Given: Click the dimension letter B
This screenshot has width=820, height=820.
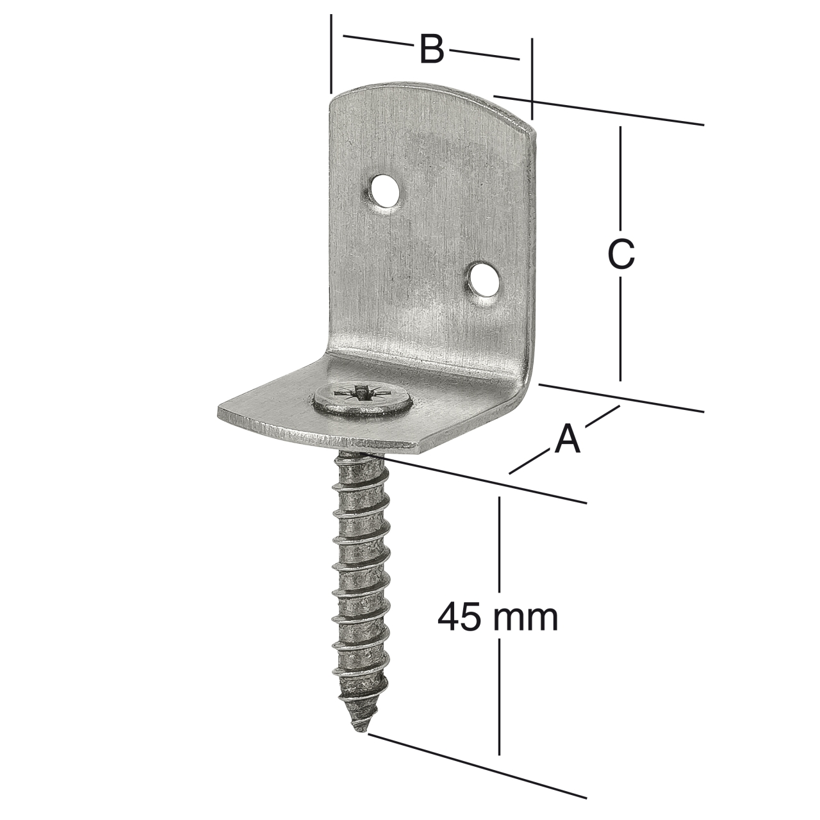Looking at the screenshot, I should (x=432, y=49).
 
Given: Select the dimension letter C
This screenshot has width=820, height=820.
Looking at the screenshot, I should (x=621, y=254).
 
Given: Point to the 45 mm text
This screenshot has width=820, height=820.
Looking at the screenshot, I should (x=498, y=618).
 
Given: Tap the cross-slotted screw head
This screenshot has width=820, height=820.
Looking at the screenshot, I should (x=363, y=400).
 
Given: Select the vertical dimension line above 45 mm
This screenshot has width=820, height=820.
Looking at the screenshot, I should (x=500, y=545).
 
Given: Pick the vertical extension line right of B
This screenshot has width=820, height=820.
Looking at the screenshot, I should (x=532, y=77).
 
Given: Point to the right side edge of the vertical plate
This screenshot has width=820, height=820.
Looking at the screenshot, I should (x=530, y=256).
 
